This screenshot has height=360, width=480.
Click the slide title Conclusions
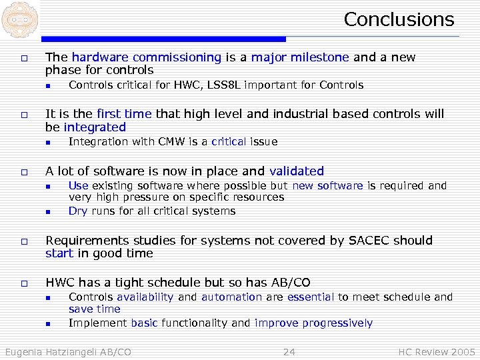[x=399, y=19]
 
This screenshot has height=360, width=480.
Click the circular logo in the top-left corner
[x=17, y=20]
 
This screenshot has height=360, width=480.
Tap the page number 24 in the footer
[x=289, y=351]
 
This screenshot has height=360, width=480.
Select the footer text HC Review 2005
[x=437, y=351]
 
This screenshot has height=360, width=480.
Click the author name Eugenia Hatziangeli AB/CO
[x=68, y=351]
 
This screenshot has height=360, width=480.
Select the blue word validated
[x=297, y=171]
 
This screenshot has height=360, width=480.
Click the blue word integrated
[x=95, y=127]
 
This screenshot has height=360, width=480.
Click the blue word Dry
[x=78, y=211]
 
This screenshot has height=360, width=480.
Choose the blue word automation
[x=231, y=297]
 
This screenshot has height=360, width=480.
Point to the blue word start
[x=59, y=253]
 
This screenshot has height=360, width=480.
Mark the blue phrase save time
[x=95, y=309]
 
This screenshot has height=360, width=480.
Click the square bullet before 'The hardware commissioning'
[x=23, y=58]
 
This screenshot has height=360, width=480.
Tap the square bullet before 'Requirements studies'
[x=23, y=241]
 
